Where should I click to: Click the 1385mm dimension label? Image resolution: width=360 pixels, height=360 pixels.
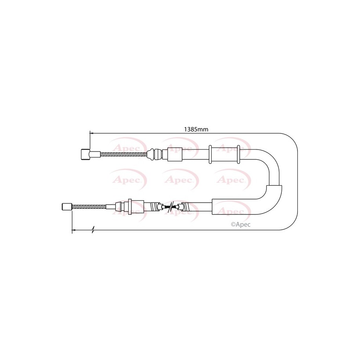pos(196,129)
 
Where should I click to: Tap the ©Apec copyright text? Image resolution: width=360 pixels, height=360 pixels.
pos(241,224)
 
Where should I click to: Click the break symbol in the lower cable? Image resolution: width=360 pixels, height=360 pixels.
pos(170,207)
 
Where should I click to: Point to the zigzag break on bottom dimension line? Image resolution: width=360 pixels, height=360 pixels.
pos(93,230)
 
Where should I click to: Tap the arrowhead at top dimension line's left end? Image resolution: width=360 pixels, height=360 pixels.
pos(92,133)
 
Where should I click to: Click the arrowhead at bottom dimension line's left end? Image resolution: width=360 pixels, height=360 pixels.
pos(74,230)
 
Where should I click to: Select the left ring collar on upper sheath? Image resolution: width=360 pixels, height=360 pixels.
pos(210,154)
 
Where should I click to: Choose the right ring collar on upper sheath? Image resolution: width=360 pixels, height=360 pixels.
pos(238,154)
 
